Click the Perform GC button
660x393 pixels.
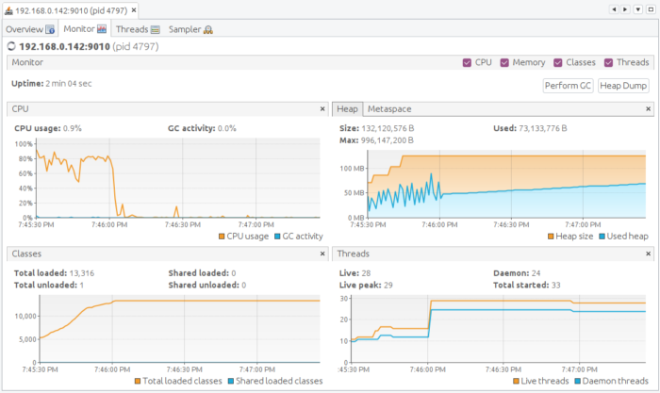point(569,86)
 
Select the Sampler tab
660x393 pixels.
point(190,29)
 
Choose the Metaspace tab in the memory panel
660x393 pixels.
point(389,108)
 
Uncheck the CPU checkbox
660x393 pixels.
point(468,62)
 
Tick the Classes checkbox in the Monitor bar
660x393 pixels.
point(559,62)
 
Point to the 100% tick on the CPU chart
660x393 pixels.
point(23,143)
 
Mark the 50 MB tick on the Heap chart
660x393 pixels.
point(353,193)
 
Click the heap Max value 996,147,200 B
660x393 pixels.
point(388,139)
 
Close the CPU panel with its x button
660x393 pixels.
point(321,108)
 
